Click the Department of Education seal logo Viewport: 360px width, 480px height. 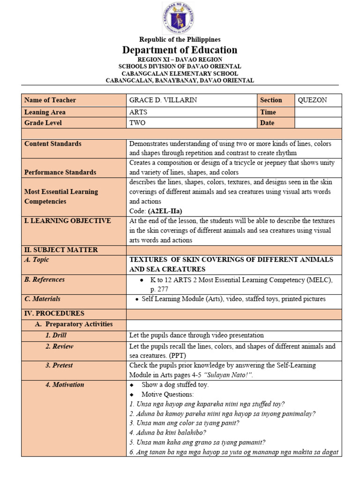tap(178, 18)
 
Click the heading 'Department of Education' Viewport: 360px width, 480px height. tap(180, 50)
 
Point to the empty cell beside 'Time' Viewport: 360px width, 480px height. tap(318, 112)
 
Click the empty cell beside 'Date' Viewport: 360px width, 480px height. tap(318, 123)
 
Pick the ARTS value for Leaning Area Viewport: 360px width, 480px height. tap(138, 112)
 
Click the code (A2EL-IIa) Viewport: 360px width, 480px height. tap(165, 211)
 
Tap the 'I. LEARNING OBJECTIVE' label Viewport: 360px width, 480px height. tap(67, 221)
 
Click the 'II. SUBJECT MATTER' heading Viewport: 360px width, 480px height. tap(61, 250)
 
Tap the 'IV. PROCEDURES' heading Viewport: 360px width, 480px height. tap(54, 313)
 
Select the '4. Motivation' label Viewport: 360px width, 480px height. tap(65, 384)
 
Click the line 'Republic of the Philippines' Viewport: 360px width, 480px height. tap(180, 39)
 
